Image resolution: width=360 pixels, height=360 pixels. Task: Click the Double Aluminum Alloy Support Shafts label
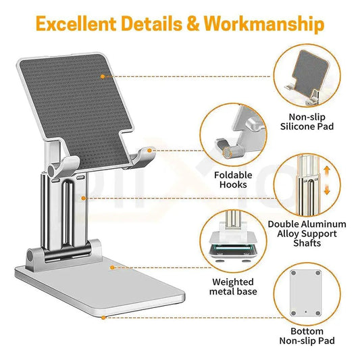[x=307, y=234]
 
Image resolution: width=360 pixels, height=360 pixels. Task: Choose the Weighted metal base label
[x=233, y=286]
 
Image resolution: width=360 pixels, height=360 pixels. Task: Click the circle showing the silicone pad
[x=307, y=74]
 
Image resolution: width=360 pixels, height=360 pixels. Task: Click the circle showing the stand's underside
[x=307, y=291]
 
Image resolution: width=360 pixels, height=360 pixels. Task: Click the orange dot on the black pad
[x=103, y=76]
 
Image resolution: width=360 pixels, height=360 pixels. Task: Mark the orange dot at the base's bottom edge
[x=103, y=317]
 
